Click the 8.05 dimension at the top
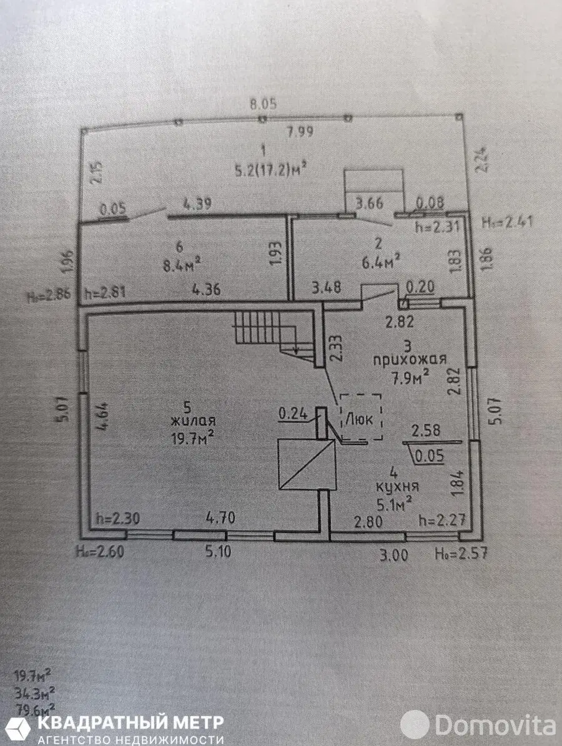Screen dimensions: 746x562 coord(263,104)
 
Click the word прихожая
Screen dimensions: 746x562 coord(410,360)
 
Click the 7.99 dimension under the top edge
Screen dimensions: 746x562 coord(300,132)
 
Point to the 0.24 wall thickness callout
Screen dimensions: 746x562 coord(292,413)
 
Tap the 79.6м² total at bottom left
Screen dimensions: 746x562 coord(33,707)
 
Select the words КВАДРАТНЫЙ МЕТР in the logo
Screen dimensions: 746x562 coord(131,723)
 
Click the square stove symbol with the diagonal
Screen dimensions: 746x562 coord(305,463)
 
